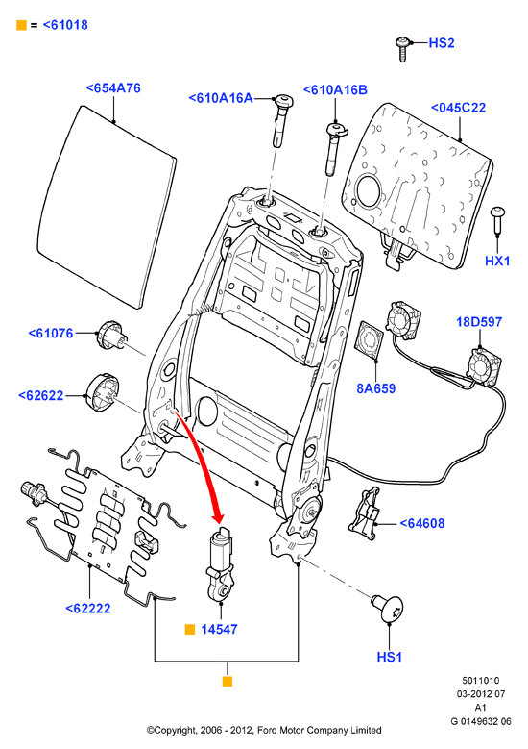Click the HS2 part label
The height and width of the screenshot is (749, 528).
[x=442, y=43]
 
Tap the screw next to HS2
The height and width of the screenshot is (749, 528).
[x=402, y=49]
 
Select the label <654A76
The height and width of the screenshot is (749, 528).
[x=113, y=87]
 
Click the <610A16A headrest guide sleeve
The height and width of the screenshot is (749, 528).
[x=281, y=120]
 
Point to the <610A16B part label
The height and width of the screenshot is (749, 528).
[x=335, y=89]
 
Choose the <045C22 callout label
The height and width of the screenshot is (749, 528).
[x=458, y=108]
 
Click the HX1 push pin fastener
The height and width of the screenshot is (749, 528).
[x=498, y=220]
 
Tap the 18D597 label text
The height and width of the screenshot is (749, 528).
[x=479, y=321]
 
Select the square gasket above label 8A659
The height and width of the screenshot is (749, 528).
[x=371, y=339]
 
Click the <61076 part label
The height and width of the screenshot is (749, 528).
[x=51, y=333]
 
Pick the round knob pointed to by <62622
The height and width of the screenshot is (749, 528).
[x=103, y=392]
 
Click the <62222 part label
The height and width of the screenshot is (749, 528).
[x=87, y=608]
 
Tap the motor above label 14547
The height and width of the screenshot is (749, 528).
[x=220, y=562]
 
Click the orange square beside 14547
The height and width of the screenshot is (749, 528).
[x=190, y=629]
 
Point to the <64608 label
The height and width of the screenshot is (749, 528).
[x=421, y=523]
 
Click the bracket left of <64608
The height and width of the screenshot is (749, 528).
[x=365, y=514]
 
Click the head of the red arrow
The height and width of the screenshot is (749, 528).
[x=219, y=517]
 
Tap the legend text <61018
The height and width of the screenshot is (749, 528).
[x=65, y=25]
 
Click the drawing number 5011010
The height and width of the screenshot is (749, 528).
[x=480, y=680]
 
